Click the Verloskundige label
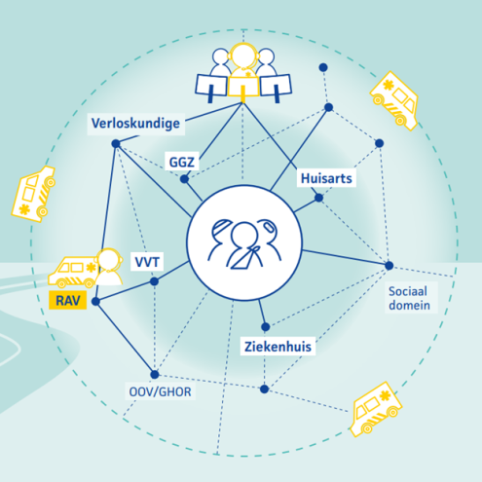coord(135,124)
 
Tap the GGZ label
coord(182,162)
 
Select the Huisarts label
coord(326,178)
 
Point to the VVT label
coord(147,262)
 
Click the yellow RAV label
coord(68,300)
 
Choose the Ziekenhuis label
coord(278,347)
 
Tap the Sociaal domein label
coord(409,298)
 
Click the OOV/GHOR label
coord(160,391)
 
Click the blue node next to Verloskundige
coord(116,143)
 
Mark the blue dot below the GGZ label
coord(184,179)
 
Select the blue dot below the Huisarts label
coord(318,198)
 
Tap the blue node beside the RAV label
coord(95,302)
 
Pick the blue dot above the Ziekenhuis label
coord(266,327)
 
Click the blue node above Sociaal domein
coord(389,266)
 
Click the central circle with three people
coord(244,242)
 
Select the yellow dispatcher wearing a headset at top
coord(243,70)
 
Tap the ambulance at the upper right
coord(394,100)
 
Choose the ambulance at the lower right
coord(376,409)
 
